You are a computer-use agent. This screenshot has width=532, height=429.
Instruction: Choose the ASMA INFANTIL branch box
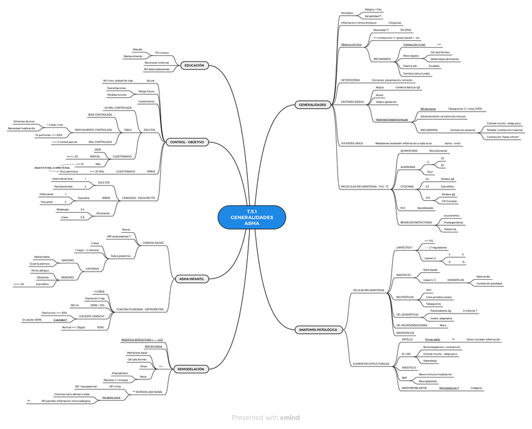[x=191, y=278]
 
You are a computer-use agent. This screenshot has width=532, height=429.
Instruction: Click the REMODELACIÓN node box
[x=190, y=369]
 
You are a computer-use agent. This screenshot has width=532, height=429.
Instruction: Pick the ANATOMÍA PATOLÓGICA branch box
[x=318, y=329]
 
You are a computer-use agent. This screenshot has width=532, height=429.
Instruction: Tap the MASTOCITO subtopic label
[x=404, y=275]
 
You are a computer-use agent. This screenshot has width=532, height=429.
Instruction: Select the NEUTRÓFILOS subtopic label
[x=405, y=297]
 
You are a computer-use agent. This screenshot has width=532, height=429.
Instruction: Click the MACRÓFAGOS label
[x=405, y=333]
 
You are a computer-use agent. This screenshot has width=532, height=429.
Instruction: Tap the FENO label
[x=100, y=327]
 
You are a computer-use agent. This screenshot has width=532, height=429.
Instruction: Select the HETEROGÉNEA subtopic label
[x=350, y=80]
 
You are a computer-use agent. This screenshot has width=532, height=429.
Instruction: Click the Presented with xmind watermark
[x=265, y=417]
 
